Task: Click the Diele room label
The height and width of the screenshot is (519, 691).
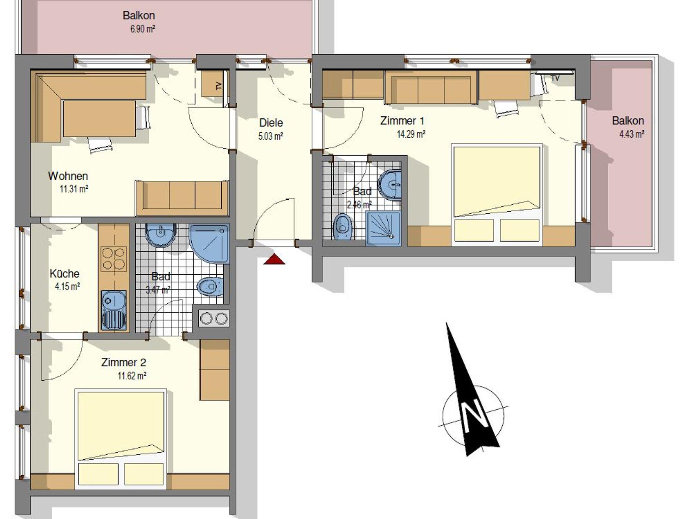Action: pyautogui.click(x=271, y=122)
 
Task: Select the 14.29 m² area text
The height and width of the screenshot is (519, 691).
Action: pyautogui.click(x=411, y=134)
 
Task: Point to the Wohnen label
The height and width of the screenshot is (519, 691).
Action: pyautogui.click(x=68, y=176)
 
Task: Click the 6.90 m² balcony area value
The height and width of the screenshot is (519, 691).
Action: pyautogui.click(x=143, y=29)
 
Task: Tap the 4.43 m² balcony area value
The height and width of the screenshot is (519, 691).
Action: pyautogui.click(x=632, y=134)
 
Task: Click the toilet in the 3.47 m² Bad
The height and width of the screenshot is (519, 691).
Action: pyautogui.click(x=210, y=287)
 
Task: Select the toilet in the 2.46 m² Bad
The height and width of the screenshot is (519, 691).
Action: pyautogui.click(x=343, y=226)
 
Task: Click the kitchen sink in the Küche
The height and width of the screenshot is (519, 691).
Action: pyautogui.click(x=114, y=310)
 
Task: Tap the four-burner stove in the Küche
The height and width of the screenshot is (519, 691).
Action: pyautogui.click(x=114, y=259)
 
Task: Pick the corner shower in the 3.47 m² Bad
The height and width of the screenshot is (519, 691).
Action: pyautogui.click(x=210, y=244)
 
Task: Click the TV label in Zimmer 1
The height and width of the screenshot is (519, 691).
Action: pyautogui.click(x=555, y=78)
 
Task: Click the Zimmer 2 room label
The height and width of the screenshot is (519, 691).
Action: pyautogui.click(x=124, y=362)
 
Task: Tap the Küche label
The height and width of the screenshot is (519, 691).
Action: pyautogui.click(x=64, y=273)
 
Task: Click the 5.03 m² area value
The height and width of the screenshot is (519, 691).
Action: pyautogui.click(x=271, y=136)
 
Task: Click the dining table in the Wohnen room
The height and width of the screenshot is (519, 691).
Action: pyautogui.click(x=100, y=118)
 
